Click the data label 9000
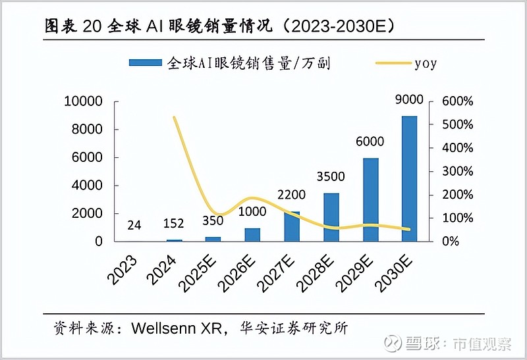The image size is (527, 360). (409, 100)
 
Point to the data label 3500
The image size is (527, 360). (331, 178)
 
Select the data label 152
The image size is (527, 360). (175, 224)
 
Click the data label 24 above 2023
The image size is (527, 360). (134, 224)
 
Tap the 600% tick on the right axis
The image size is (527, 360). (458, 101)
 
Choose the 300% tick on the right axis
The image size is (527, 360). (458, 171)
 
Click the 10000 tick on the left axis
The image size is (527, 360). (83, 101)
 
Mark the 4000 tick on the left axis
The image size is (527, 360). (86, 186)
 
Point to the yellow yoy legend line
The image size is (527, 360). (392, 63)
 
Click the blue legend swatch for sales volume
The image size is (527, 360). (145, 63)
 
